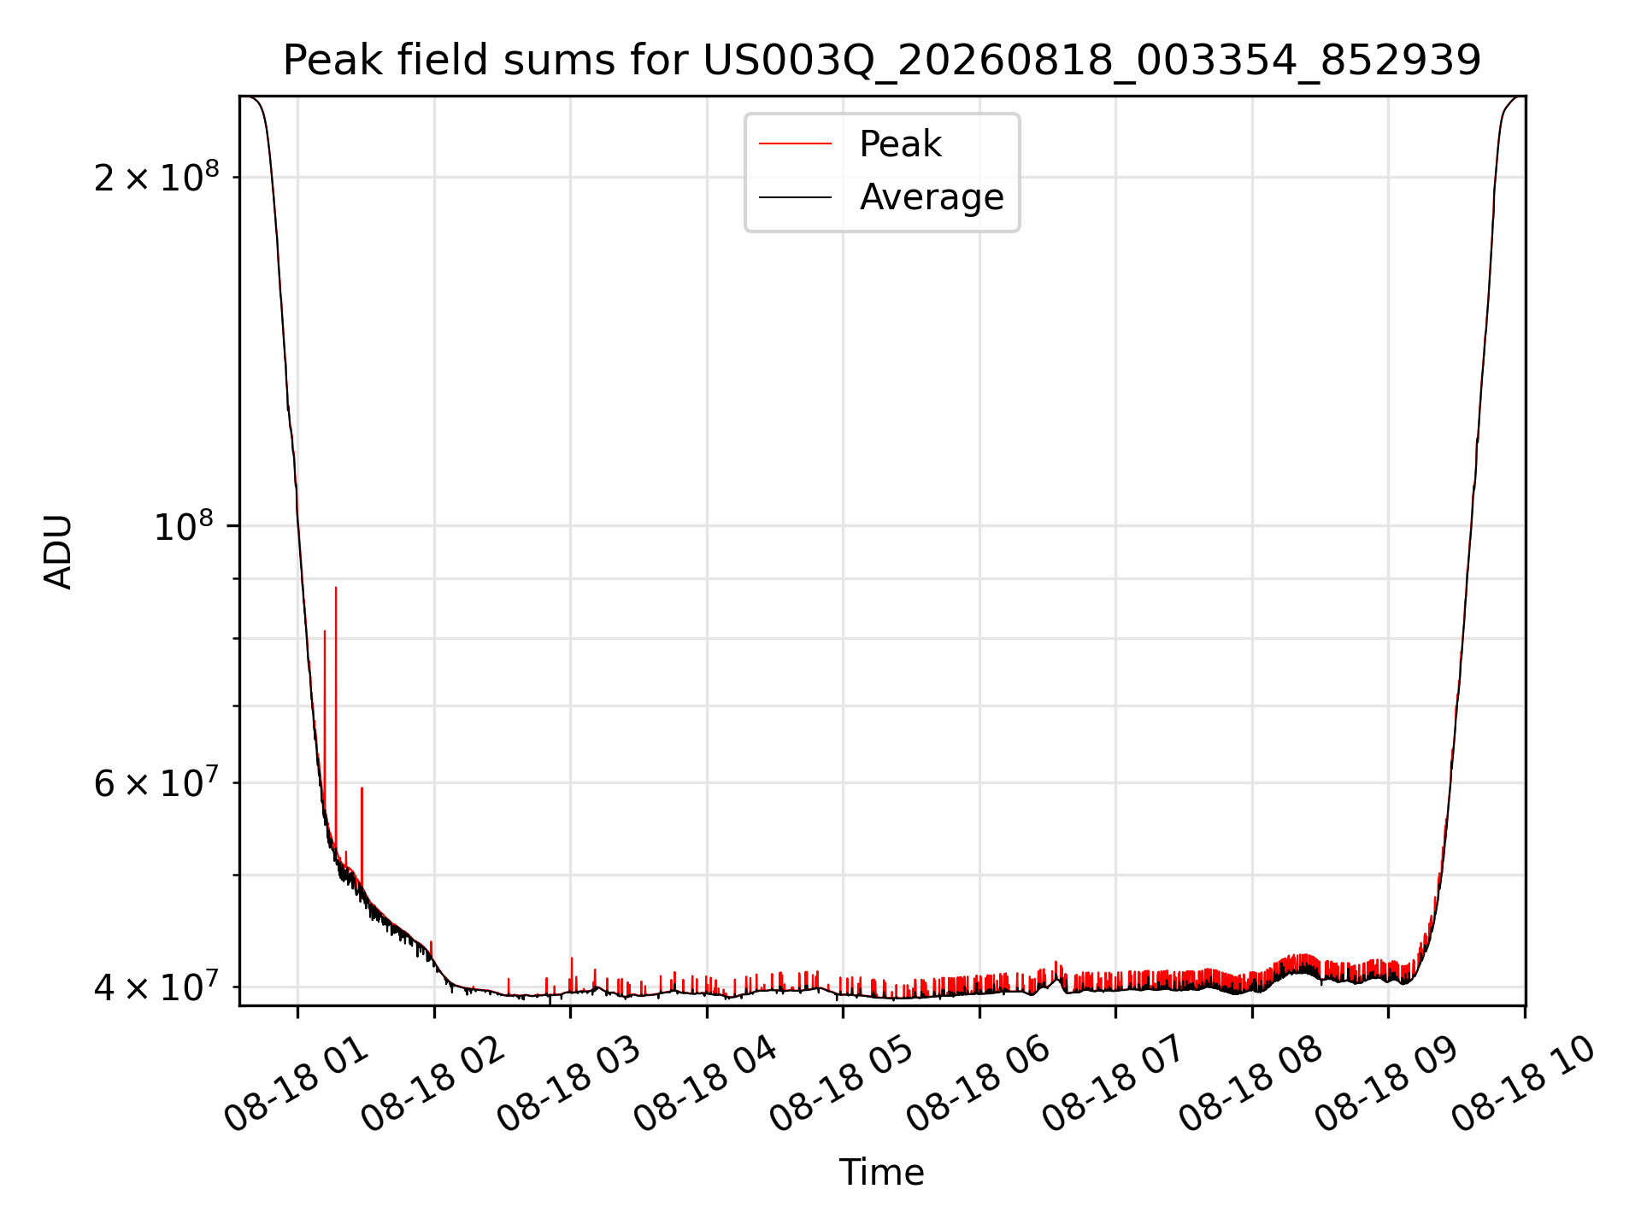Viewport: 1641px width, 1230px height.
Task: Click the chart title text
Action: [882, 61]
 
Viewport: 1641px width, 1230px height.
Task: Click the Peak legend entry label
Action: [900, 144]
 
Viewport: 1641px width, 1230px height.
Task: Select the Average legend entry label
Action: [932, 197]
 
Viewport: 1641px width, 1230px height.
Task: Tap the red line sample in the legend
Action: [795, 143]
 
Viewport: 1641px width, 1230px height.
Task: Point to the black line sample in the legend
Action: [795, 197]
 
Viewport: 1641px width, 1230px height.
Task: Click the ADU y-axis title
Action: [58, 552]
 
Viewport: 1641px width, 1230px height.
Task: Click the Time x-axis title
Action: [881, 1173]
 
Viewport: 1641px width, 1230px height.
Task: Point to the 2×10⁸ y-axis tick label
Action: [156, 177]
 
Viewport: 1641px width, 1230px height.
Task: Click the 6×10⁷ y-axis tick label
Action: [156, 782]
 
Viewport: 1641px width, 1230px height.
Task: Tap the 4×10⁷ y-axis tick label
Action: [156, 987]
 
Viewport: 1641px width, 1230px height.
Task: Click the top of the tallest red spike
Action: [336, 588]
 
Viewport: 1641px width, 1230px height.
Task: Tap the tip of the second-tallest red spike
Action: [325, 631]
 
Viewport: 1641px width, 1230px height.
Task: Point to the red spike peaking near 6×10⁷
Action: [362, 788]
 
